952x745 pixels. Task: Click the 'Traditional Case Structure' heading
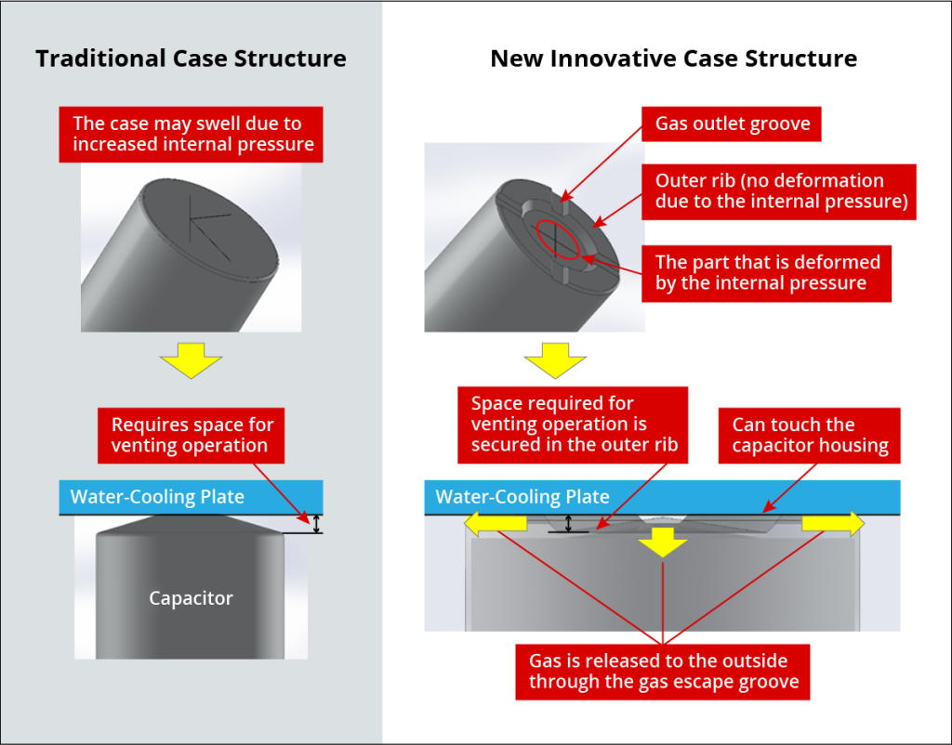click(191, 59)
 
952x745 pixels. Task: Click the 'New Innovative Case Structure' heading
click(673, 59)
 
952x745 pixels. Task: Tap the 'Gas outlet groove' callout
click(732, 124)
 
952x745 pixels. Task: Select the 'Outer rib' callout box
click(779, 191)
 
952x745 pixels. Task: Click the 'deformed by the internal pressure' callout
click(766, 274)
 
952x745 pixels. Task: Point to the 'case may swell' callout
click(191, 135)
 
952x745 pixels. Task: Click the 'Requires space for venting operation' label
click(192, 436)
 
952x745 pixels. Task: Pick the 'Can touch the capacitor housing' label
click(810, 436)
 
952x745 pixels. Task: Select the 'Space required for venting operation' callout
click(573, 425)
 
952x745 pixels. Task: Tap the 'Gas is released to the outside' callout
click(662, 672)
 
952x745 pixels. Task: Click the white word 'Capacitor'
click(191, 598)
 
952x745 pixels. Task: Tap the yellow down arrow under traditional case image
click(192, 360)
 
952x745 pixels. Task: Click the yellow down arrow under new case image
click(555, 360)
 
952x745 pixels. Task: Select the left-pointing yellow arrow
click(496, 524)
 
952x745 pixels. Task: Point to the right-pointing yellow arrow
click(833, 524)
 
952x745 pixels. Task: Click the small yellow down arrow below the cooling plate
click(662, 542)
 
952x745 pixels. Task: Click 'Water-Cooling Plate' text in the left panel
click(157, 497)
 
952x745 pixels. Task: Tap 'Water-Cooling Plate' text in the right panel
click(522, 497)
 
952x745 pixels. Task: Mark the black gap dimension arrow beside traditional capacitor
click(316, 524)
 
